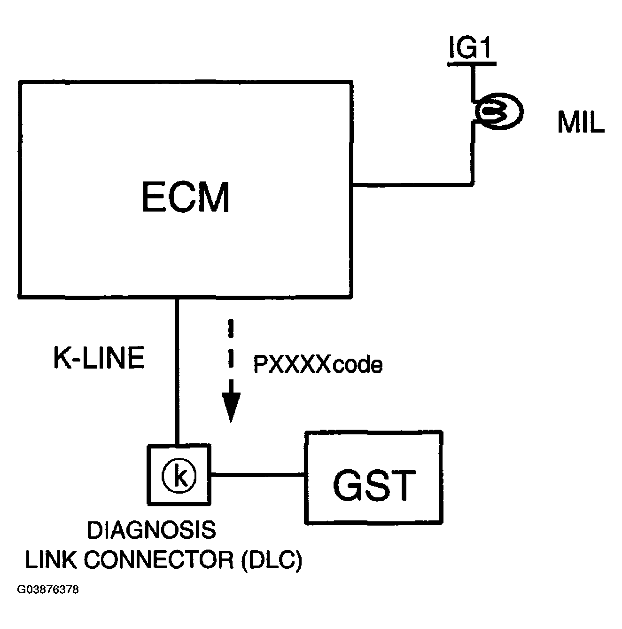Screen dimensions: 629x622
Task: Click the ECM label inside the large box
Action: [x=186, y=198]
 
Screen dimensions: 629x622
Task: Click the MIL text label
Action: [x=581, y=124]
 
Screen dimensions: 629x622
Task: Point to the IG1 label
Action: [x=471, y=48]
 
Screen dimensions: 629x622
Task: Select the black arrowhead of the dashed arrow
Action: [x=231, y=406]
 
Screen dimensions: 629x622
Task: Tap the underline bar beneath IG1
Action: [x=472, y=62]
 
